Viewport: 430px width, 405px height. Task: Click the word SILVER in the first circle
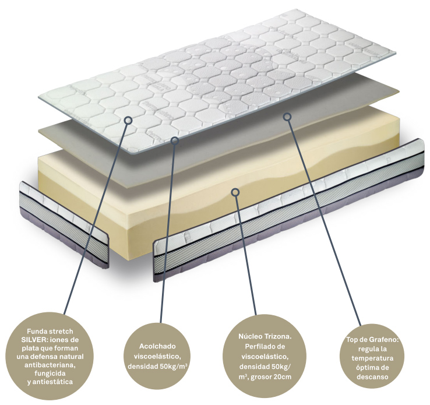34,340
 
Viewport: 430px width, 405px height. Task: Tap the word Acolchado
157,346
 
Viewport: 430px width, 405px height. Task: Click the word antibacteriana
50,365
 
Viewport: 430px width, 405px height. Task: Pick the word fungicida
50,373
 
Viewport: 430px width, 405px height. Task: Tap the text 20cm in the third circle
282,377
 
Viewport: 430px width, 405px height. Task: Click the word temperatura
372,358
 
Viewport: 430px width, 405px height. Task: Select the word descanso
372,377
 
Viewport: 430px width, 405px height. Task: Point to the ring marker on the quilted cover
128,120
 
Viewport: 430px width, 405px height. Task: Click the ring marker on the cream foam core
235,192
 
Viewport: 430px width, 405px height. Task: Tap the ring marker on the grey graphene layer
287,117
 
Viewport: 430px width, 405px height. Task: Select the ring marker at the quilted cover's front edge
175,141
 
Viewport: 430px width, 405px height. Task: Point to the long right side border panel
290,209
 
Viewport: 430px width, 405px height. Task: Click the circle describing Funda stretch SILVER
50,357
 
